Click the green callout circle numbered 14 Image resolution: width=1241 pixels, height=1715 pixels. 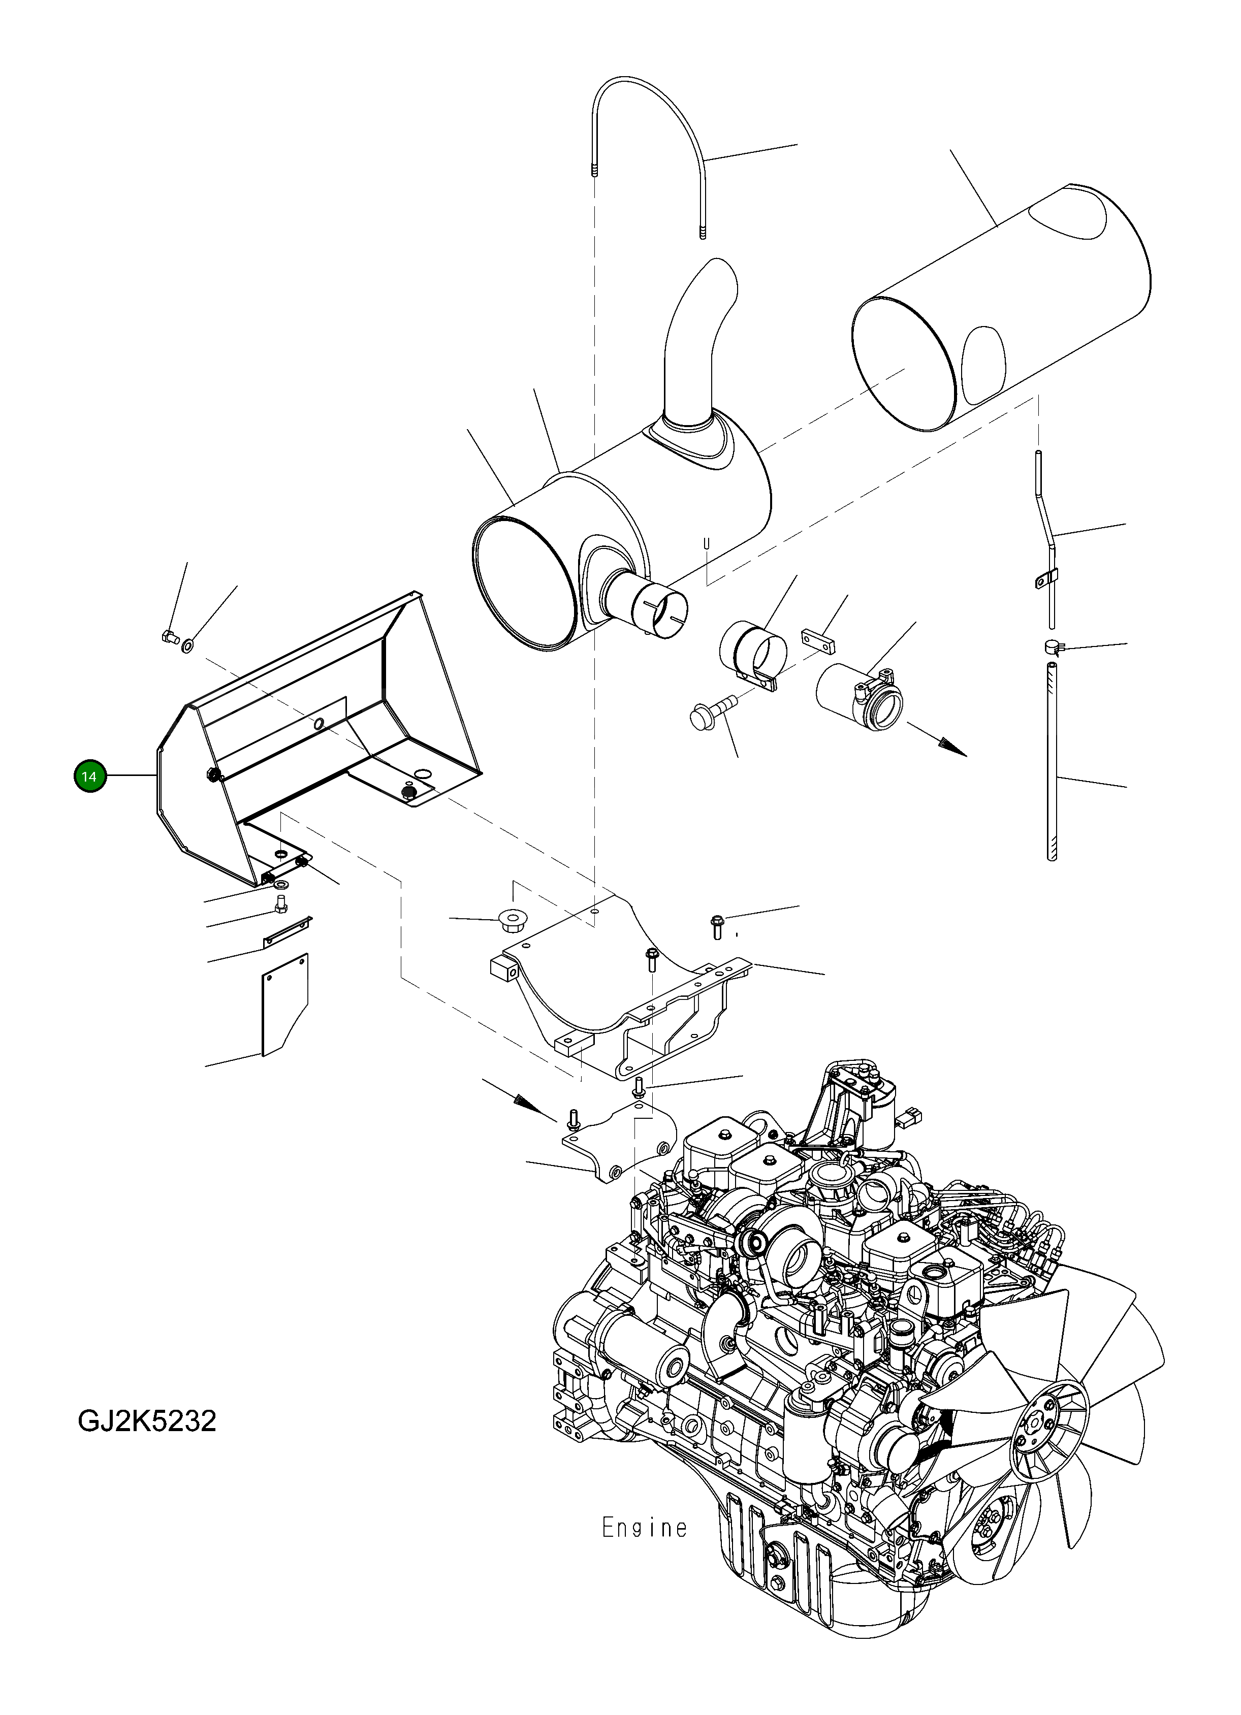tap(89, 776)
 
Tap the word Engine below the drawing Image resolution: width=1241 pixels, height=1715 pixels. tap(644, 1528)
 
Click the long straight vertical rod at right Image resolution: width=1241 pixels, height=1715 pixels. tap(1051, 756)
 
